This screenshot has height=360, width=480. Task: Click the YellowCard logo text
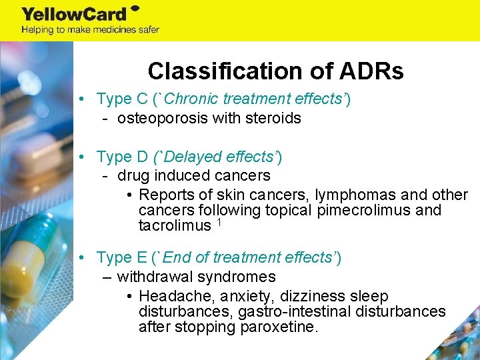[x=75, y=14]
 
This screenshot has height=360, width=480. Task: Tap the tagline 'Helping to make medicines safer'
[x=90, y=29]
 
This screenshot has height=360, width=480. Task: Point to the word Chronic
[x=192, y=99]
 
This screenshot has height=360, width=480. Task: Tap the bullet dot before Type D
[x=80, y=157]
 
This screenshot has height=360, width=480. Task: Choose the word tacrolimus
[x=174, y=226]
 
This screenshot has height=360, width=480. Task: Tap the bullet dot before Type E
[x=80, y=257]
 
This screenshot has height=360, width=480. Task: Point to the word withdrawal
[x=153, y=277]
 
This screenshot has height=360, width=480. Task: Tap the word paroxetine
[x=279, y=327]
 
